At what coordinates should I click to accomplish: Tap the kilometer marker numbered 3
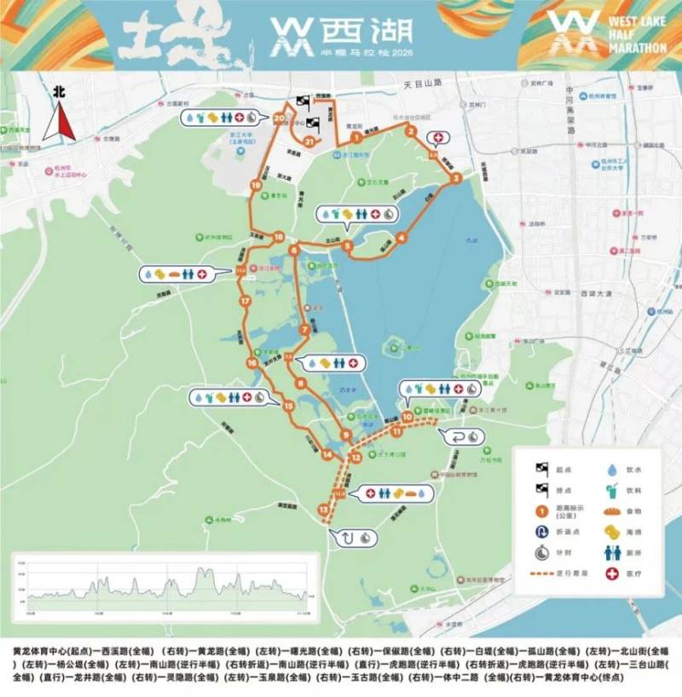457,178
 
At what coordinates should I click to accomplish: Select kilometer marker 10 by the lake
408,417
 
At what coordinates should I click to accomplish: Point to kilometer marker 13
322,510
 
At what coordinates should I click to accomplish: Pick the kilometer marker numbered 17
245,302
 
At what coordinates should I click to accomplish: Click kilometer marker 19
255,185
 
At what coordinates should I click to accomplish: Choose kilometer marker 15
289,406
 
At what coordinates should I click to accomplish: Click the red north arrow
59,123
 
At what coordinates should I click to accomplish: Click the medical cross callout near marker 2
440,137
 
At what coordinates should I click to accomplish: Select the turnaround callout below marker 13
350,537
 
